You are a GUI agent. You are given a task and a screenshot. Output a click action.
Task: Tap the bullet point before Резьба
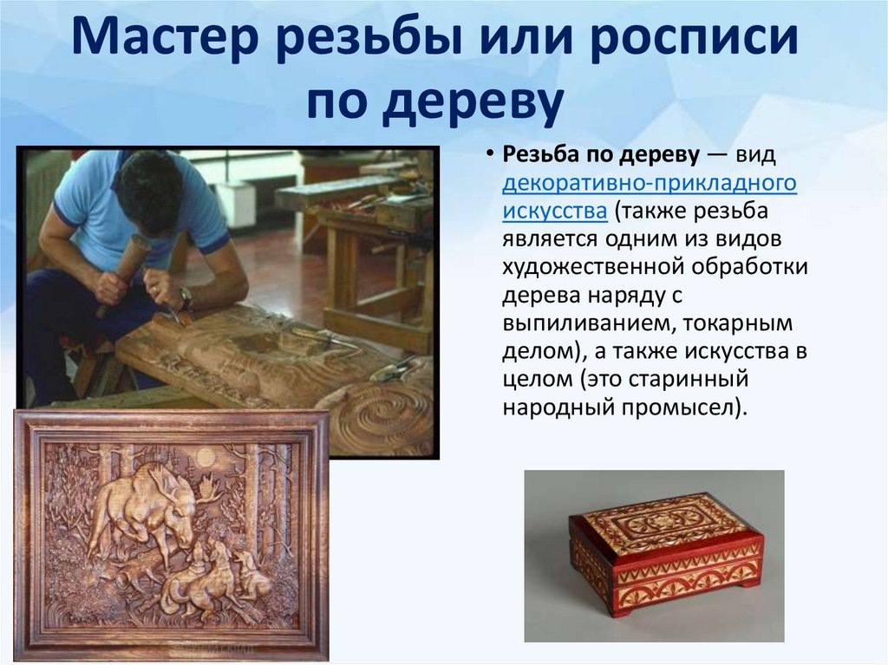click(490, 155)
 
